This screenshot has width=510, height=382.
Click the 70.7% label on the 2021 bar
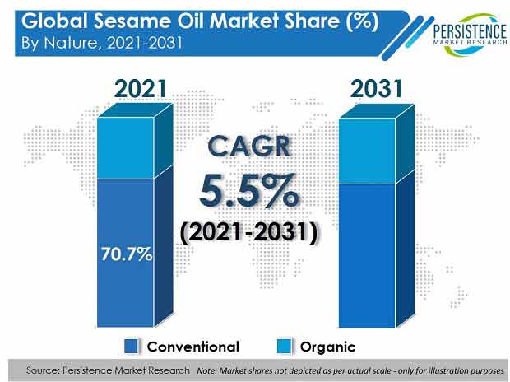tap(126, 254)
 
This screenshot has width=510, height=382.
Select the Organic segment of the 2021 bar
tap(126, 148)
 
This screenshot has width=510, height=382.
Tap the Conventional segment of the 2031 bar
tap(367, 256)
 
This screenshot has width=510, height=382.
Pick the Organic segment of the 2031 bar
tap(367, 151)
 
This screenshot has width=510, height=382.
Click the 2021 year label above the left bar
tap(140, 89)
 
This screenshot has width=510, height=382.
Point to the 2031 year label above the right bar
tap(376, 89)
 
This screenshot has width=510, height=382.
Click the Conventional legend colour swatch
tap(132, 346)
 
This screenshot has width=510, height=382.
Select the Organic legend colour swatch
tap(285, 346)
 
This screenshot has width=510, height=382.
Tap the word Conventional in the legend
tap(192, 347)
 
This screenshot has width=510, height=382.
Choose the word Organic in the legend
tap(327, 347)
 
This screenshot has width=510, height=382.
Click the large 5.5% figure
tap(248, 191)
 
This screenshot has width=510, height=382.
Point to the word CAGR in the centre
tap(248, 147)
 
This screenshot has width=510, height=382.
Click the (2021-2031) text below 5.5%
tap(248, 232)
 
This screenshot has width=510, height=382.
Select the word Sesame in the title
tap(132, 21)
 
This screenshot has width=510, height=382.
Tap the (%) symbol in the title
tap(362, 22)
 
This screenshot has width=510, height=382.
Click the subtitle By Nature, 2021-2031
tap(101, 43)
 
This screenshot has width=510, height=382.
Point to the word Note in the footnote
tap(206, 371)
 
